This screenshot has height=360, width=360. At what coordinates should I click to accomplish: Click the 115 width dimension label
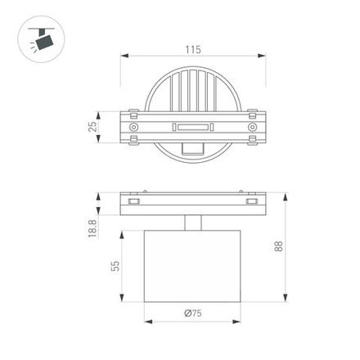tap(193, 50)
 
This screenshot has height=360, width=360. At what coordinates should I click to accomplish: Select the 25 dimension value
tap(92, 126)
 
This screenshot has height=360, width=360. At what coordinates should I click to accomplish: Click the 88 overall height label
tap(278, 246)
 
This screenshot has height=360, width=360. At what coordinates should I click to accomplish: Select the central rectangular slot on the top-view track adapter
tap(193, 127)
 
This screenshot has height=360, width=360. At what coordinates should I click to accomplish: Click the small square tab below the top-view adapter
tap(193, 149)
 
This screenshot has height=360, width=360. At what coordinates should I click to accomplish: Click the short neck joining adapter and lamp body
tap(193, 223)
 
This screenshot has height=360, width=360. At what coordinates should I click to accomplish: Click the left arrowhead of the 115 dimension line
tap(124, 56)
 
